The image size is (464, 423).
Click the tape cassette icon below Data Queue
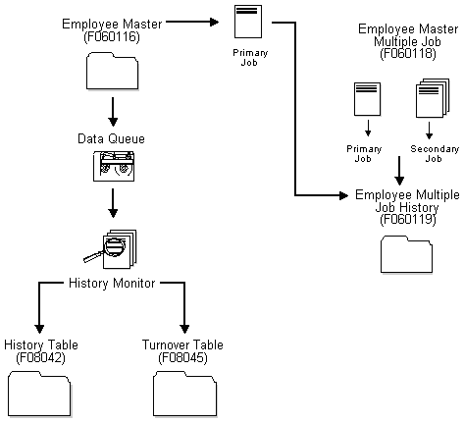click(x=114, y=171)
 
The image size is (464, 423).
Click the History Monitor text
click(x=112, y=284)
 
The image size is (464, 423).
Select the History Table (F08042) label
click(x=41, y=351)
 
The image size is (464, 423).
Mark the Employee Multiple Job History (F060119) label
click(x=405, y=207)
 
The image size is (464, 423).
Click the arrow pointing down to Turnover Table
click(x=184, y=312)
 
